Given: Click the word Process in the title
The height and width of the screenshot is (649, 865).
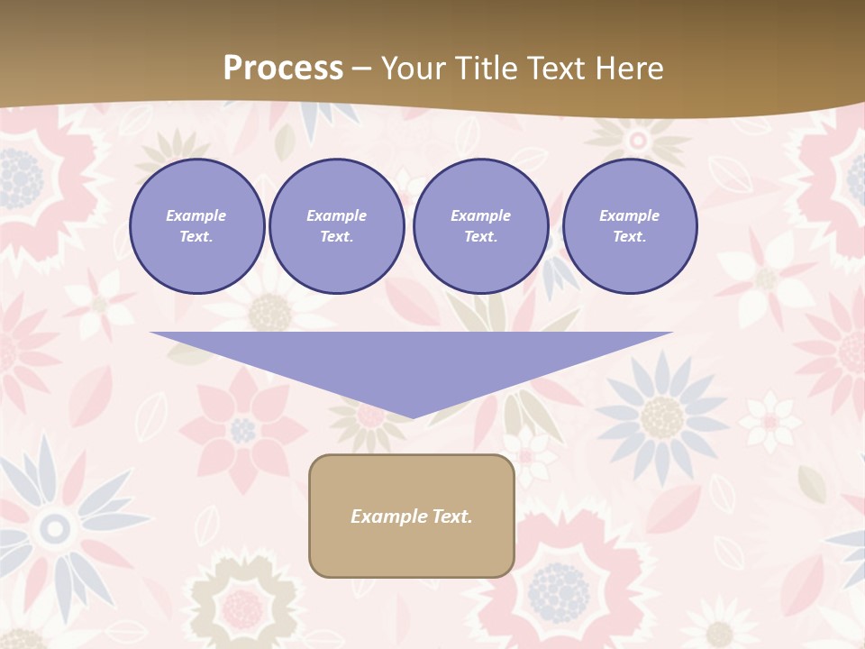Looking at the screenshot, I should click(283, 69).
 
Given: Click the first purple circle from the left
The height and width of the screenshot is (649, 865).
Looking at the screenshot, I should click(196, 226).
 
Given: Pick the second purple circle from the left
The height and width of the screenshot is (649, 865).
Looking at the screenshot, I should click(336, 226).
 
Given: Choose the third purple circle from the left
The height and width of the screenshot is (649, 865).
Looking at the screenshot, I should click(480, 226).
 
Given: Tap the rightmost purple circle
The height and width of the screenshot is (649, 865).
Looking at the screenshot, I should click(629, 226).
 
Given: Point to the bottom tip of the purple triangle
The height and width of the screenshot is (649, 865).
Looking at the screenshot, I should click(412, 416).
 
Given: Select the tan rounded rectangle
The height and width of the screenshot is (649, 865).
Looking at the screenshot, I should click(412, 516).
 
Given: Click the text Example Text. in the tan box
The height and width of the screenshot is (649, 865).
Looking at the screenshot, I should click(412, 516).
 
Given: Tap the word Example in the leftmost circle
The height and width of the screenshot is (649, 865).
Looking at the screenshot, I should click(196, 215).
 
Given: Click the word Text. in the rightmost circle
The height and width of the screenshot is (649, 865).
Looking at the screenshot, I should click(629, 237).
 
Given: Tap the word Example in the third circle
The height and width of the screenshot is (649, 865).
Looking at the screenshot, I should click(480, 215).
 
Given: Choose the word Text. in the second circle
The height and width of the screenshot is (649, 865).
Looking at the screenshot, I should click(336, 237).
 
